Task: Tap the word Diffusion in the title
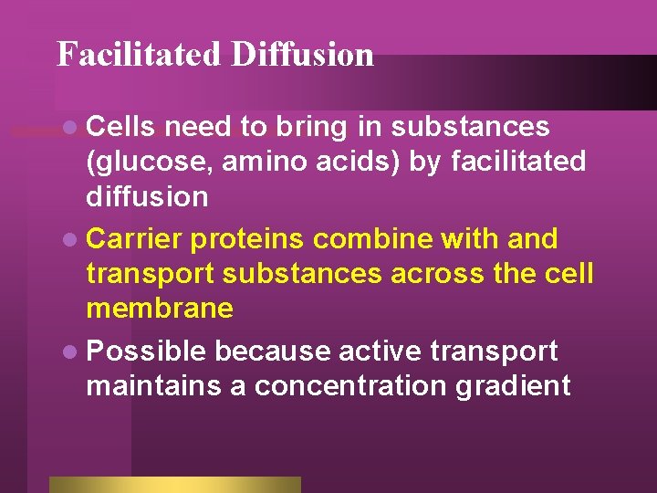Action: point(302,55)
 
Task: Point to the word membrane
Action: point(160,309)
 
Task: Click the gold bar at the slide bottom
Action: point(174,484)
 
